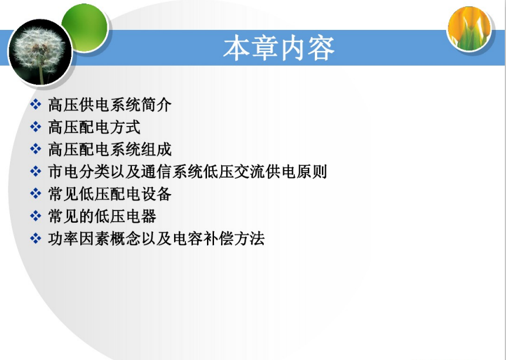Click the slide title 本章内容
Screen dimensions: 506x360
[279, 49]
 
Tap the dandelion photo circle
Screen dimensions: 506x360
[40, 52]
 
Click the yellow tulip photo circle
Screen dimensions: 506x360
[470, 29]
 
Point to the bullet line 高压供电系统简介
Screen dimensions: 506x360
[110, 105]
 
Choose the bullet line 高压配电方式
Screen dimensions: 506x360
[94, 127]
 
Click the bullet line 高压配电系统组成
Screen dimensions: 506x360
[110, 150]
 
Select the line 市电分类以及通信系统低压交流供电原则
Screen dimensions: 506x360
[188, 172]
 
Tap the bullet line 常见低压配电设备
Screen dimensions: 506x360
[110, 194]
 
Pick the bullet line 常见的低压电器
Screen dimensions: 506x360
[102, 216]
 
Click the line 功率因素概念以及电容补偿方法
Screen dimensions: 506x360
[157, 239]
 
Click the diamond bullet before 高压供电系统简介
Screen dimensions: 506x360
[36, 104]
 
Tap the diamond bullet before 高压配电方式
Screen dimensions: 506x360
[36, 127]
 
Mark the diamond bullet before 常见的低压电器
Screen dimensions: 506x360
[36, 216]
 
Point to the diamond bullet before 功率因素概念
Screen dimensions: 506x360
[36, 239]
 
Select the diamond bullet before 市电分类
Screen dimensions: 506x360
[36, 171]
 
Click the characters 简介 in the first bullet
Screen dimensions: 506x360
[156, 105]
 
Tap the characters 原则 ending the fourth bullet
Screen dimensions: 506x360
[312, 172]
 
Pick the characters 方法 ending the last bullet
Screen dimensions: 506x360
[249, 239]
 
